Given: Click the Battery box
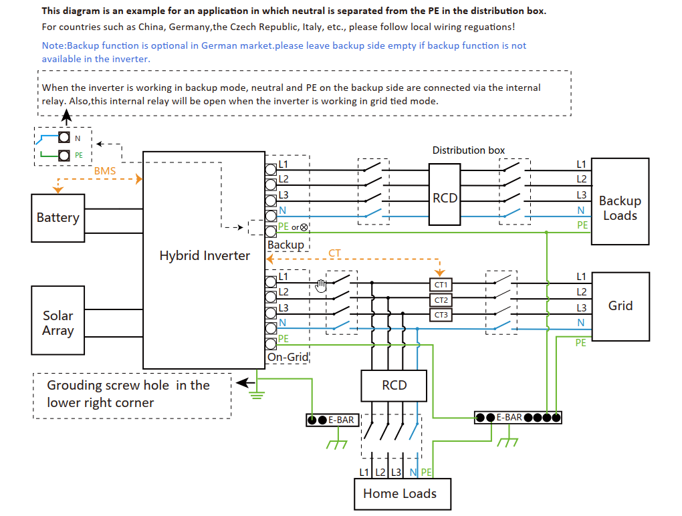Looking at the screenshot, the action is (58, 218).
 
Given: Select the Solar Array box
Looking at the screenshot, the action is (58, 320).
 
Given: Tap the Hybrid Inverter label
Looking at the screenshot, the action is (205, 255).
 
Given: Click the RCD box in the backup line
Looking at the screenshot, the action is (445, 195).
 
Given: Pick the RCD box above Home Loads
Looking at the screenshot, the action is (394, 386).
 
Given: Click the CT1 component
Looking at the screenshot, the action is (441, 285).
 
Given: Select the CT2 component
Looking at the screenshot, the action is (441, 300).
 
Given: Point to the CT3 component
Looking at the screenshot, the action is (441, 315).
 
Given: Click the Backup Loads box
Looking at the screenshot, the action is (620, 201).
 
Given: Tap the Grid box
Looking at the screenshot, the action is (620, 307).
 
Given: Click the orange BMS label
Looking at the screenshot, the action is (105, 171).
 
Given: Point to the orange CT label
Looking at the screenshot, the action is (334, 253).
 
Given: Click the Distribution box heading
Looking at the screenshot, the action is (469, 150).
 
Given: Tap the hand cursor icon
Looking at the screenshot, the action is (321, 285).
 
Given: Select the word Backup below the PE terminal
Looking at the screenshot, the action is (286, 245).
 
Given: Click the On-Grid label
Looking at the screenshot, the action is (288, 357).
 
